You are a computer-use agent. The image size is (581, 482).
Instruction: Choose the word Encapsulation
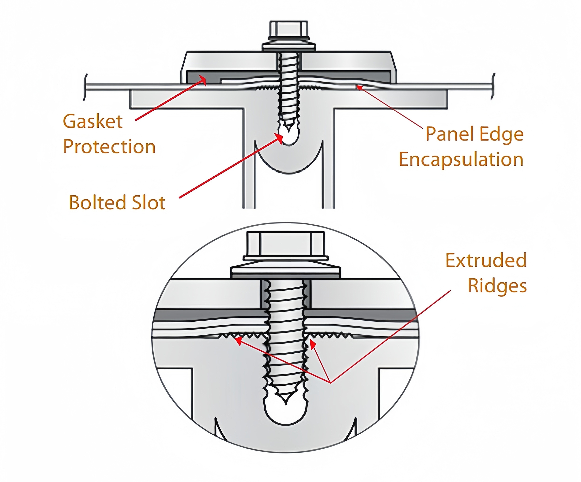tap(461, 160)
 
